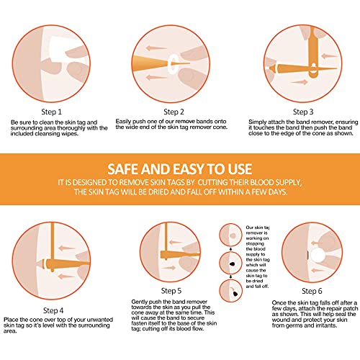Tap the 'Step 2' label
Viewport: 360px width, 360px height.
click(175, 112)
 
